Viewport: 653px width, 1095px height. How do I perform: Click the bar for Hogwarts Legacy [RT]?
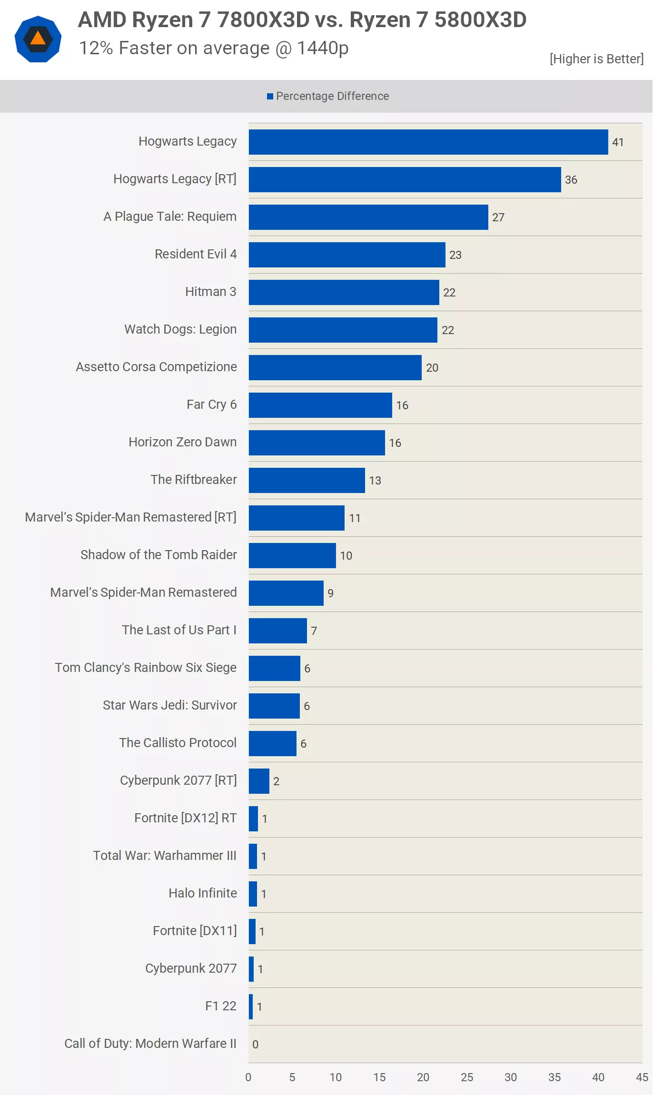405,179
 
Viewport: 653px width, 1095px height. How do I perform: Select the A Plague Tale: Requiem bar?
368,217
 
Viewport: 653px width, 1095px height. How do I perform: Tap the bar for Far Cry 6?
320,405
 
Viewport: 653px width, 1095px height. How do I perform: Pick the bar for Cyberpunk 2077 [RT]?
259,781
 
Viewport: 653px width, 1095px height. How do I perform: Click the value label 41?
618,142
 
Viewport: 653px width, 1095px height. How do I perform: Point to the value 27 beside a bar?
498,217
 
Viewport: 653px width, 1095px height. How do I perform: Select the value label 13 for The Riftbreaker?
375,481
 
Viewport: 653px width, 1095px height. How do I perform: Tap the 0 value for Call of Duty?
256,1045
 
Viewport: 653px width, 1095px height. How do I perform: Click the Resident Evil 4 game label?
196,254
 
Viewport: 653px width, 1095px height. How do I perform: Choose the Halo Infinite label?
203,893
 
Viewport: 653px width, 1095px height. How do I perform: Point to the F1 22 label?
221,1006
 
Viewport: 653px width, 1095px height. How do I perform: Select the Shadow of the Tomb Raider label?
158,555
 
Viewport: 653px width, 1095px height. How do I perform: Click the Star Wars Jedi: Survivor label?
170,705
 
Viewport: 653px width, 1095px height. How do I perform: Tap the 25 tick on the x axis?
467,1077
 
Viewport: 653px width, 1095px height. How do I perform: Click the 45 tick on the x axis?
642,1077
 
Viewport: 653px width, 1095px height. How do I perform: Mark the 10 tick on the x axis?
336,1077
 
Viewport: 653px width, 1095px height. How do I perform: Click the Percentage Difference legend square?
270,97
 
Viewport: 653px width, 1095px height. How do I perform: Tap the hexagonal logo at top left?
38,39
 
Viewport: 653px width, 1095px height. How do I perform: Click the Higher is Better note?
596,59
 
